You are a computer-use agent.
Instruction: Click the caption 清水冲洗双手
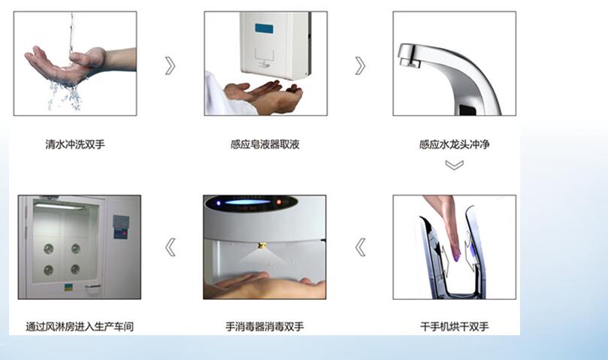75,145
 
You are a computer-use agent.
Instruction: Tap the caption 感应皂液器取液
265,145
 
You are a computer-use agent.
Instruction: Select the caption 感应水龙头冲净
454,145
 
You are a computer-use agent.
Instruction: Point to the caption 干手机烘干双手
454,327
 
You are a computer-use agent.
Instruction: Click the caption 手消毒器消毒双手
265,327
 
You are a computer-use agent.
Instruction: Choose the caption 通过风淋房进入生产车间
80,327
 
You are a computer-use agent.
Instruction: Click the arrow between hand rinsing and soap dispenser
170,65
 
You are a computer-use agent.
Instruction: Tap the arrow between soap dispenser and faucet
360,65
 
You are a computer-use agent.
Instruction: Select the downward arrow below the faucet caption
455,165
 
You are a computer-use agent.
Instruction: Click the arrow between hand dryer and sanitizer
360,247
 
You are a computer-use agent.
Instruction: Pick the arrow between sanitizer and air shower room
170,247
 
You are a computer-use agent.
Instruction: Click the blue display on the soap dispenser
264,29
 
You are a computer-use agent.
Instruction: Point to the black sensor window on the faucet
467,110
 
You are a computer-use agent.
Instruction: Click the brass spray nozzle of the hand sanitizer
262,246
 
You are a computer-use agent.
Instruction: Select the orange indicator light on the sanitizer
279,202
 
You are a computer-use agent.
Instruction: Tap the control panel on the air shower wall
120,227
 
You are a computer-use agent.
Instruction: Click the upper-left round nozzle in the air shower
48,249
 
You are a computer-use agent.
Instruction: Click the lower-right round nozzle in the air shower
75,269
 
